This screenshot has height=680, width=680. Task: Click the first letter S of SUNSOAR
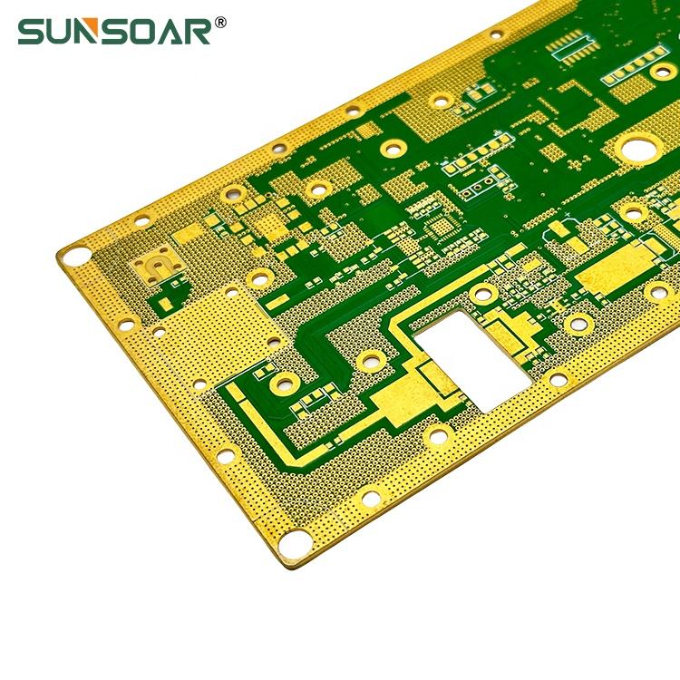(31, 31)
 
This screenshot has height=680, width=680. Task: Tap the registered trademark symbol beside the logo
(220, 22)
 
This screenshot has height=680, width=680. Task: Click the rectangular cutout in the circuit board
(472, 360)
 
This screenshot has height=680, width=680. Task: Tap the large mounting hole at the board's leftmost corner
(75, 256)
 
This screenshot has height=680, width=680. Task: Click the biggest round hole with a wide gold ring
(639, 149)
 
